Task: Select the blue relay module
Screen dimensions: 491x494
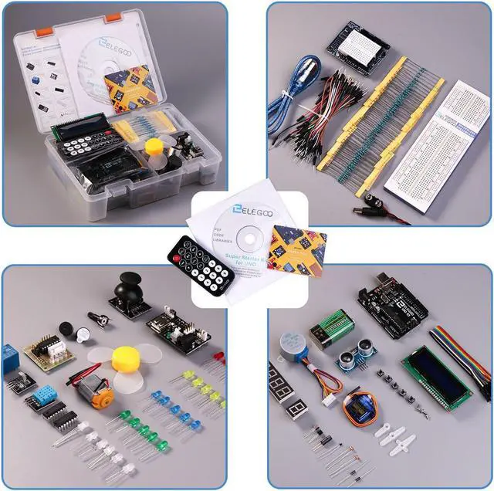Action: coord(10,356)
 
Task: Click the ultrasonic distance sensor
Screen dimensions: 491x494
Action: coord(356,356)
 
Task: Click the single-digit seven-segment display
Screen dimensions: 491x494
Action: coord(296,407)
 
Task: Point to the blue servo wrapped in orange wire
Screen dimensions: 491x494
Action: coord(360,405)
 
